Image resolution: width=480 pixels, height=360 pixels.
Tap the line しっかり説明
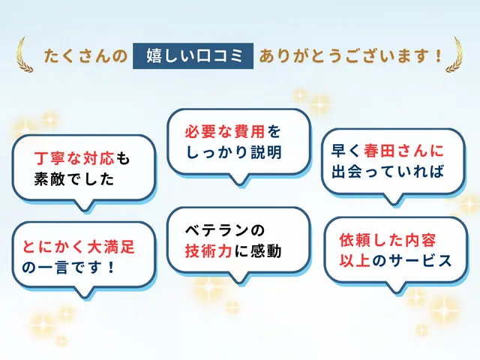234,152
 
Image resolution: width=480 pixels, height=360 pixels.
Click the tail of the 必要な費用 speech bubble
238,178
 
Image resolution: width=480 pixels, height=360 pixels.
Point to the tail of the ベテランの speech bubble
238,277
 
